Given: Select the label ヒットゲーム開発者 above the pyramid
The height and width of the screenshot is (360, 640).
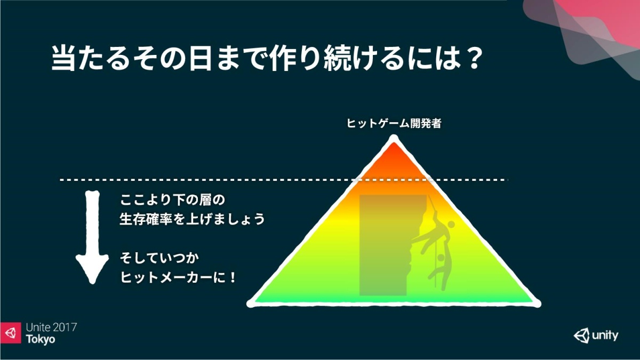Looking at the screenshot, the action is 394,123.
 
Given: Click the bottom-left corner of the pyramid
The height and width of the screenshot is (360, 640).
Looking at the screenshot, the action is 250,303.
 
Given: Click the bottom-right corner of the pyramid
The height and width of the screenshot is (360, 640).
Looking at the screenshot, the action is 537,303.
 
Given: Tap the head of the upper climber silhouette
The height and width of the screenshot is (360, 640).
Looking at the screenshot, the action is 451,224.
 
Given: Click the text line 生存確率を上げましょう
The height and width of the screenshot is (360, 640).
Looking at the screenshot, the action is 193,219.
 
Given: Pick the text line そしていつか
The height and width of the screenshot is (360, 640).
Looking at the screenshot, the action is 159,258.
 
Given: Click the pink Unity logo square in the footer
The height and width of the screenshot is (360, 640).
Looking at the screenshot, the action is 11,333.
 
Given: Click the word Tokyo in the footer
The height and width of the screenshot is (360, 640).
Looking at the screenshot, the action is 41,339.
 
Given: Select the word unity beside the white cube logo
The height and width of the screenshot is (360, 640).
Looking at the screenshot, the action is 605,335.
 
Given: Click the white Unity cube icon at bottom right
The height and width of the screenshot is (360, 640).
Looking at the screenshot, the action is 581,335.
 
